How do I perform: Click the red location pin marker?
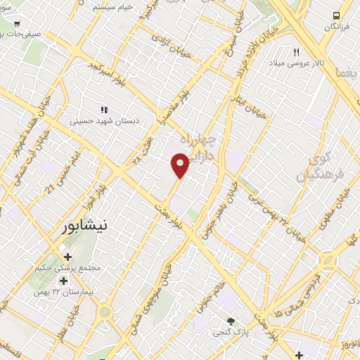[180, 166]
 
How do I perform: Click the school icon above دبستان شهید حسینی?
[105, 110]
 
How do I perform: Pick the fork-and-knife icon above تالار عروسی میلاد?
[296, 52]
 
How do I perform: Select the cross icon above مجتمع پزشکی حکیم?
[67, 257]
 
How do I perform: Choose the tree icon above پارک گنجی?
[230, 320]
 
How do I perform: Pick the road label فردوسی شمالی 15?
[292, 290]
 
